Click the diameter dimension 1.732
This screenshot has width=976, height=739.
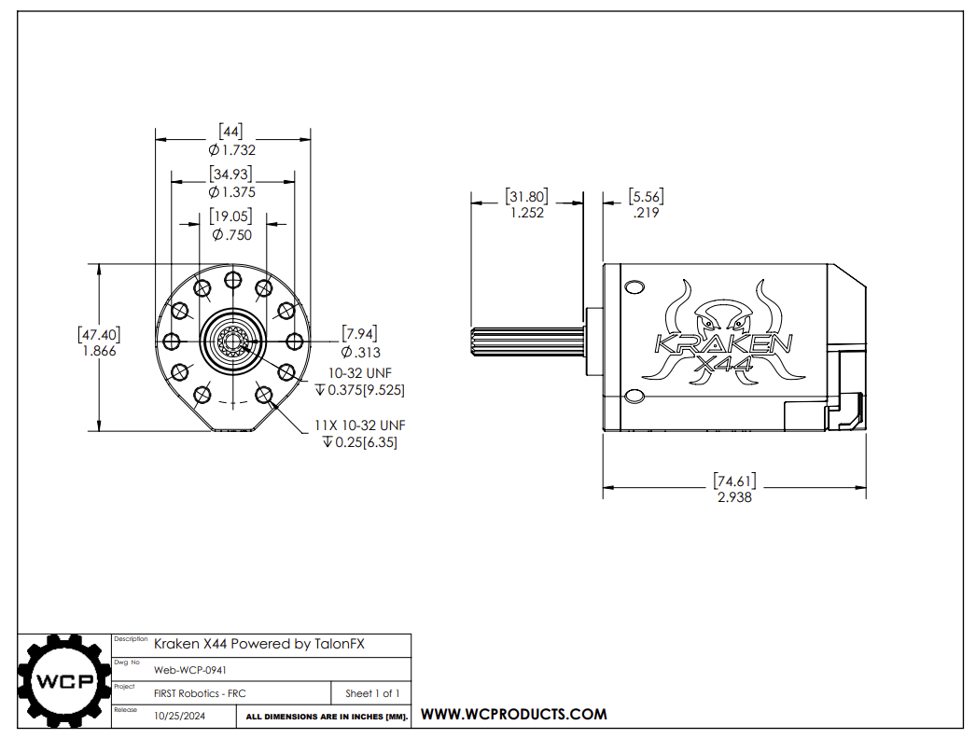tap(232, 149)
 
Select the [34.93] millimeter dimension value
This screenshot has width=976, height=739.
tap(231, 174)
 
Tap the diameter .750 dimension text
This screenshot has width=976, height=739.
tap(232, 235)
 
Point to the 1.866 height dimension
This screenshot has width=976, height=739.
tap(99, 351)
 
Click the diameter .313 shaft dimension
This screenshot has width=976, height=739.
tap(361, 352)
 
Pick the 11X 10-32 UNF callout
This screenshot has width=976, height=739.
tap(359, 425)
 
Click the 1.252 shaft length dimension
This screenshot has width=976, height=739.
tap(526, 212)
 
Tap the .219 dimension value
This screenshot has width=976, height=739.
tap(646, 213)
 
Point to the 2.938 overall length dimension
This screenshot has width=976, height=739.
tap(734, 497)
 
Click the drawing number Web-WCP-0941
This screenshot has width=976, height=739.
tap(190, 669)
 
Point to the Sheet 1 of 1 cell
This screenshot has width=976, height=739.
tap(372, 693)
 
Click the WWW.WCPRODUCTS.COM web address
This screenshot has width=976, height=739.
tap(514, 715)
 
